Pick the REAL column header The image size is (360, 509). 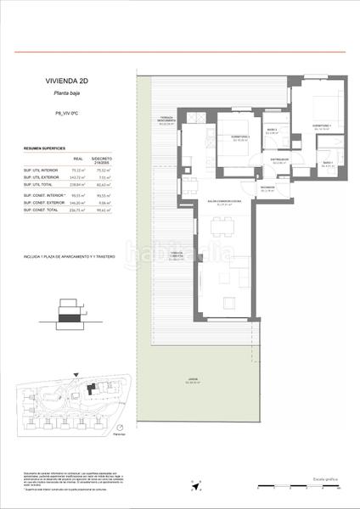click(78, 159)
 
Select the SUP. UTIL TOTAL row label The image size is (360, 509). click(39, 183)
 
